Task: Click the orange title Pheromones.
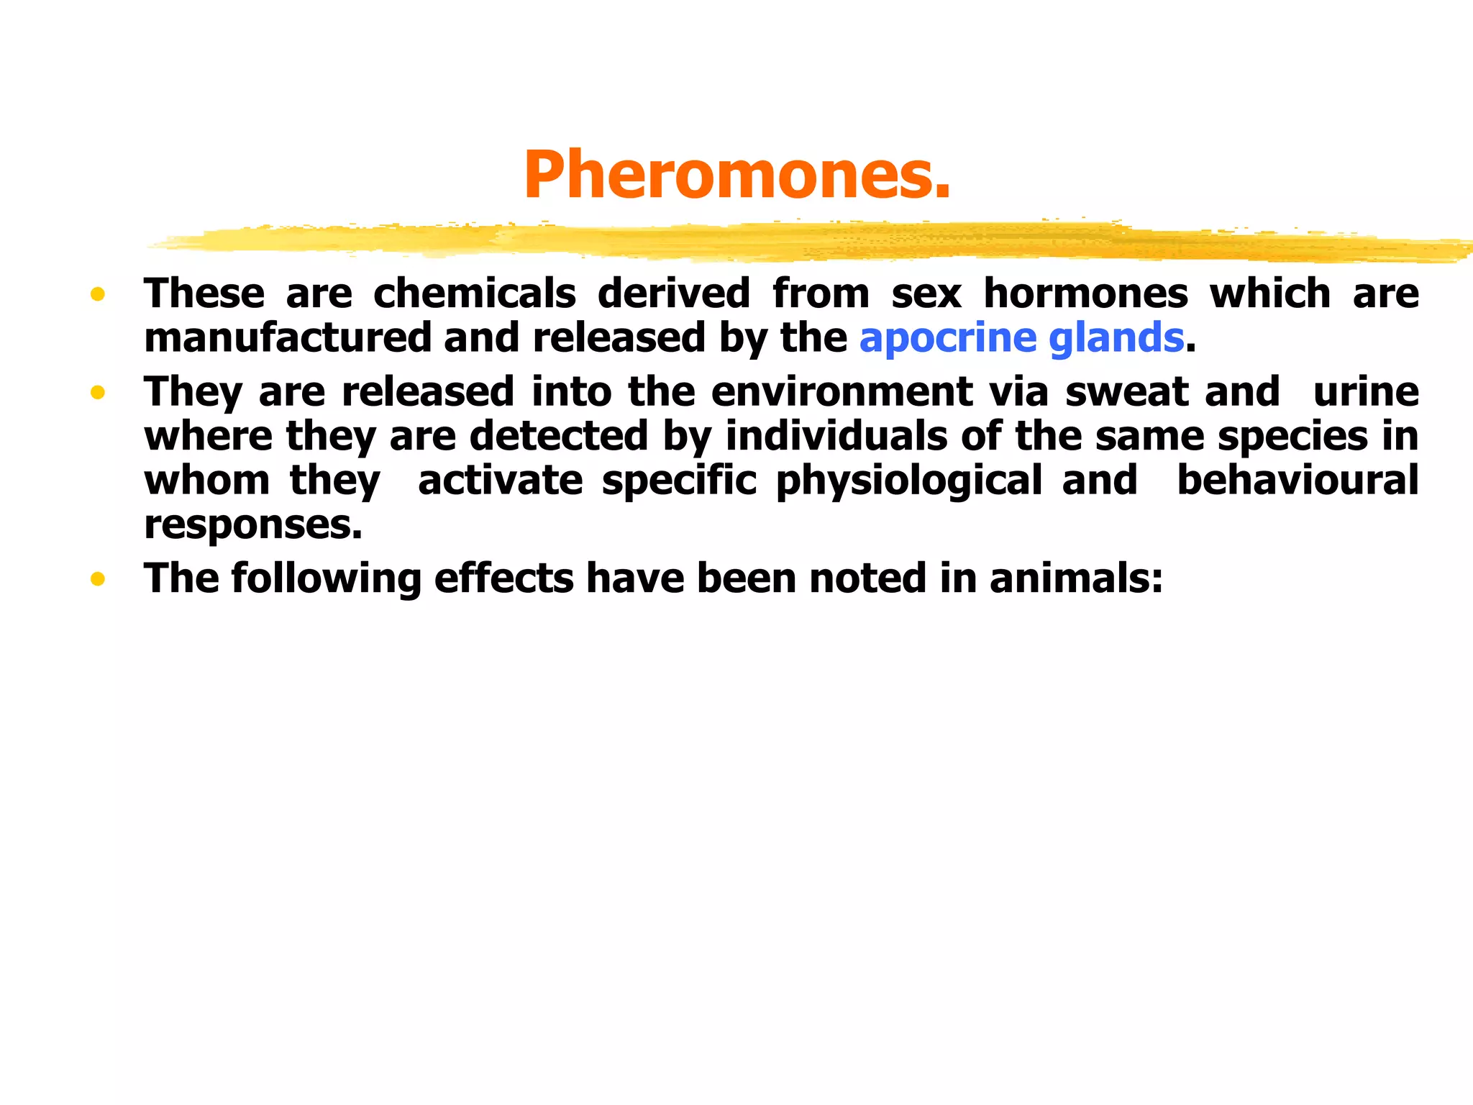736,175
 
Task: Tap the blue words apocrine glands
1021,338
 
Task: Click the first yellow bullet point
98,294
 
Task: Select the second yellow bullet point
98,393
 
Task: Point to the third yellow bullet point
98,579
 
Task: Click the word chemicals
475,294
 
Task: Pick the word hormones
1086,294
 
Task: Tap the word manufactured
287,338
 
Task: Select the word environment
842,392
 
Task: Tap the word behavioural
1298,480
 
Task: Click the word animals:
1076,578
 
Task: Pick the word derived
674,294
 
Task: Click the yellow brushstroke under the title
791,242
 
